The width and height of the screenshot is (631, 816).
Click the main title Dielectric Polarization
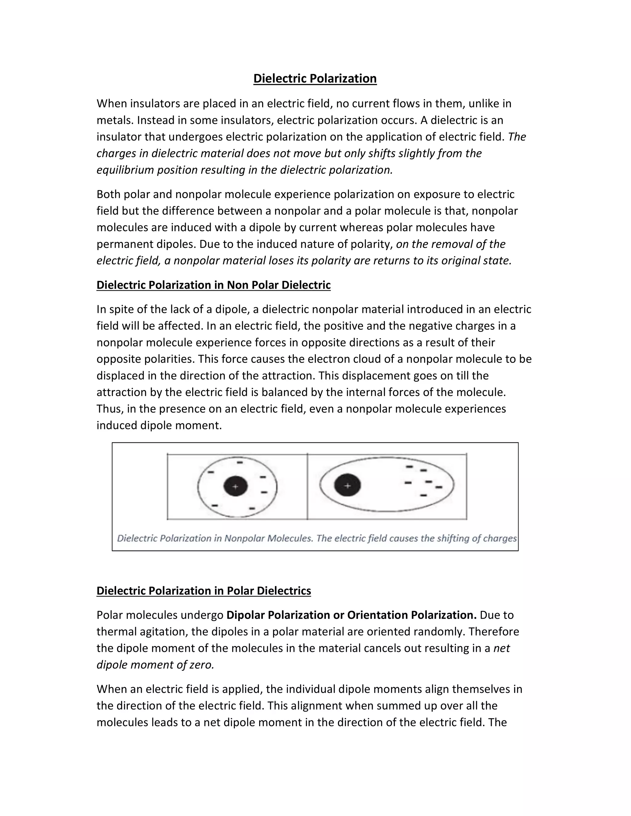click(x=315, y=79)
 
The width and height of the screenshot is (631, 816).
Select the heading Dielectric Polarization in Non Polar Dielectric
click(x=214, y=285)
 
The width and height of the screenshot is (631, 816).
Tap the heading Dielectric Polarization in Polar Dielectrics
click(x=204, y=591)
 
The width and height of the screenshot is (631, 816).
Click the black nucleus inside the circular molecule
click(x=235, y=487)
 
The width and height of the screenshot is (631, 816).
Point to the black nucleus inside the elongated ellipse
click(x=347, y=485)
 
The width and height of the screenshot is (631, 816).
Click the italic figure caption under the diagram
click(x=317, y=538)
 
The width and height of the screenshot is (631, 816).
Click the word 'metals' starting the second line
click(x=115, y=120)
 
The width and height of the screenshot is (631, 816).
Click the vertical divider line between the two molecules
click(x=307, y=487)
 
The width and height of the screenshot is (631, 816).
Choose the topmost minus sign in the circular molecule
click(x=240, y=462)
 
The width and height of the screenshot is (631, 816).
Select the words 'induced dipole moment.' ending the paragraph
click(x=159, y=425)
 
